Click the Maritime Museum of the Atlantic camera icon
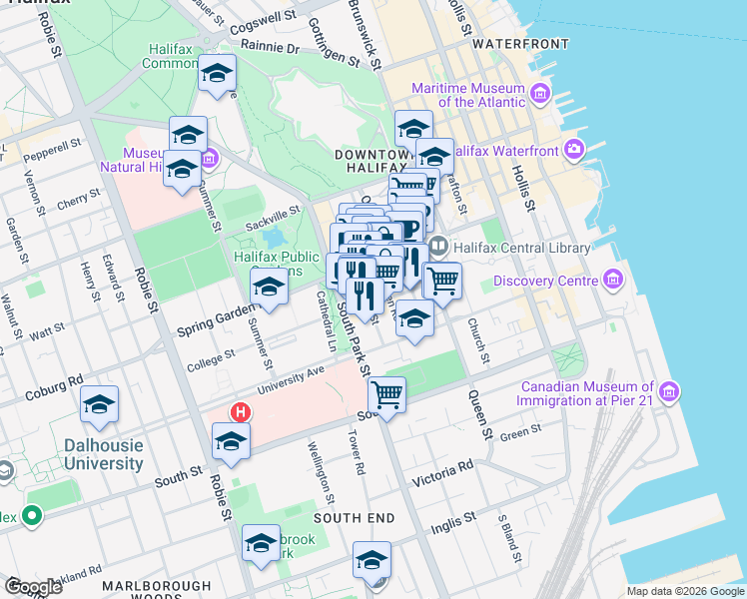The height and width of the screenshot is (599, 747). (541, 95)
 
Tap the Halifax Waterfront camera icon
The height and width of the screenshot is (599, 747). (574, 151)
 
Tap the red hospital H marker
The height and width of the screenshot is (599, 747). (240, 411)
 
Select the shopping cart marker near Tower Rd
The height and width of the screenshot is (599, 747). (386, 394)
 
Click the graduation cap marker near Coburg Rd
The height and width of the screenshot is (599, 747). (99, 404)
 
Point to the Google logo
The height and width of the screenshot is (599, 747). (34, 587)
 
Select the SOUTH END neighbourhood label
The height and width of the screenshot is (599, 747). (354, 518)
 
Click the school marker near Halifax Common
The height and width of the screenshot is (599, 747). (217, 74)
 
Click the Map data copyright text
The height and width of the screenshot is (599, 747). (685, 591)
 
